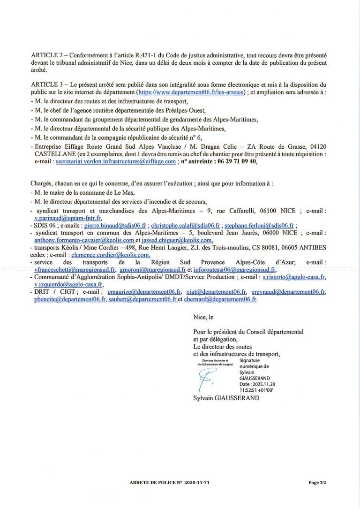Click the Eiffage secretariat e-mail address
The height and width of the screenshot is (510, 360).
(116, 161)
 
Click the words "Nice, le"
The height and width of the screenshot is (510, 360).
(203, 317)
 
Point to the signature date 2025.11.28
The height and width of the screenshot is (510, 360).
(255, 384)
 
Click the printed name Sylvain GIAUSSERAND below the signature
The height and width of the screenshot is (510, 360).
(226, 398)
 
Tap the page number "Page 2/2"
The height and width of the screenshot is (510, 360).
(317, 482)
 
